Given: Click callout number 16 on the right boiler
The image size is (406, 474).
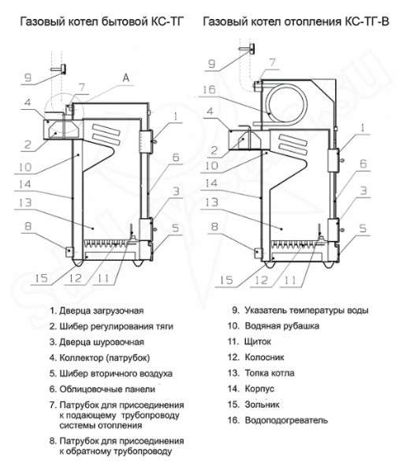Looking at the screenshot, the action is pos(209,90).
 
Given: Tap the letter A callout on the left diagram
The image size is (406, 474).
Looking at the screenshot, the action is pos(126,78).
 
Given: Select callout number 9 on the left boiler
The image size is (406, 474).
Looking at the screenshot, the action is pos(28,77).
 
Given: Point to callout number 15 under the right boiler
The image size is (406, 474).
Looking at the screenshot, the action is pos(226,280).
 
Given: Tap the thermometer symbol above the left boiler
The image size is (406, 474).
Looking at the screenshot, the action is pos(60,70).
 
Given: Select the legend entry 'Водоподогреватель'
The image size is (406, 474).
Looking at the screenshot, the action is pos(285,420).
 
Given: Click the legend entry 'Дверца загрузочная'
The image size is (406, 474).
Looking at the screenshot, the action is pos(101,310).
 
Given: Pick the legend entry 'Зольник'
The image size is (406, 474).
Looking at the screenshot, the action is pos(262,404).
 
